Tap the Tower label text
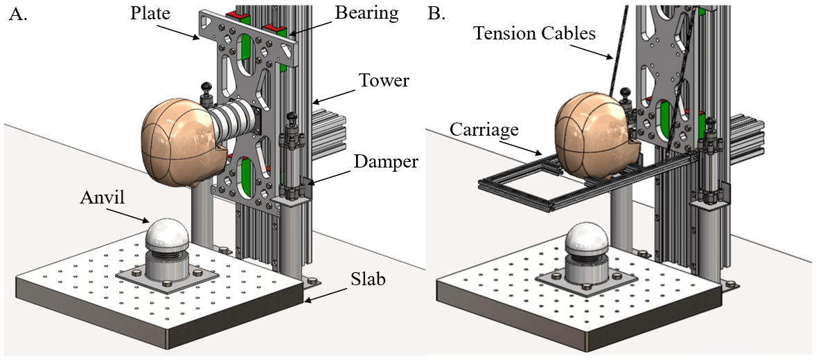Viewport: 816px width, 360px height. click(x=385, y=81)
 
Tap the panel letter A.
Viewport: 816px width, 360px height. click(x=17, y=14)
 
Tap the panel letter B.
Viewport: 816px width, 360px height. click(x=437, y=14)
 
